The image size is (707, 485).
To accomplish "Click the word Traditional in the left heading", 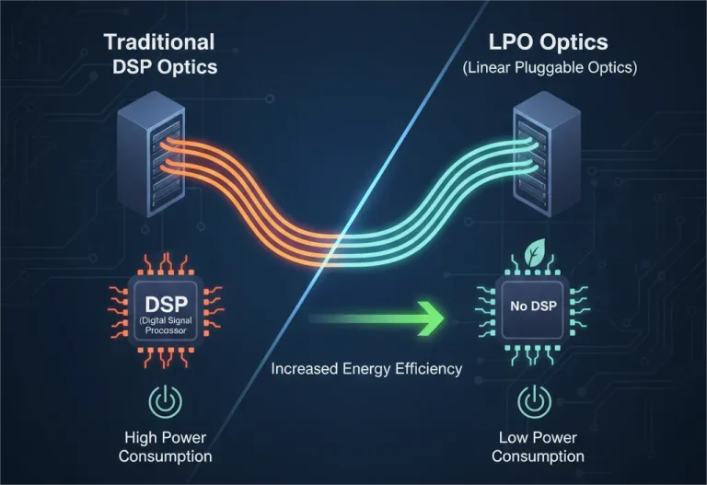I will point(159,41).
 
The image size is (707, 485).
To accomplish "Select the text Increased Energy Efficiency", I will point(366,370).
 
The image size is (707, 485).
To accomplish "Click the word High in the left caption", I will point(142,437).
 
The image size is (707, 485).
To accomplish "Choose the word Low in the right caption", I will point(514,437).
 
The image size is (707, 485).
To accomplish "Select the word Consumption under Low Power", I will point(538,456).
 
